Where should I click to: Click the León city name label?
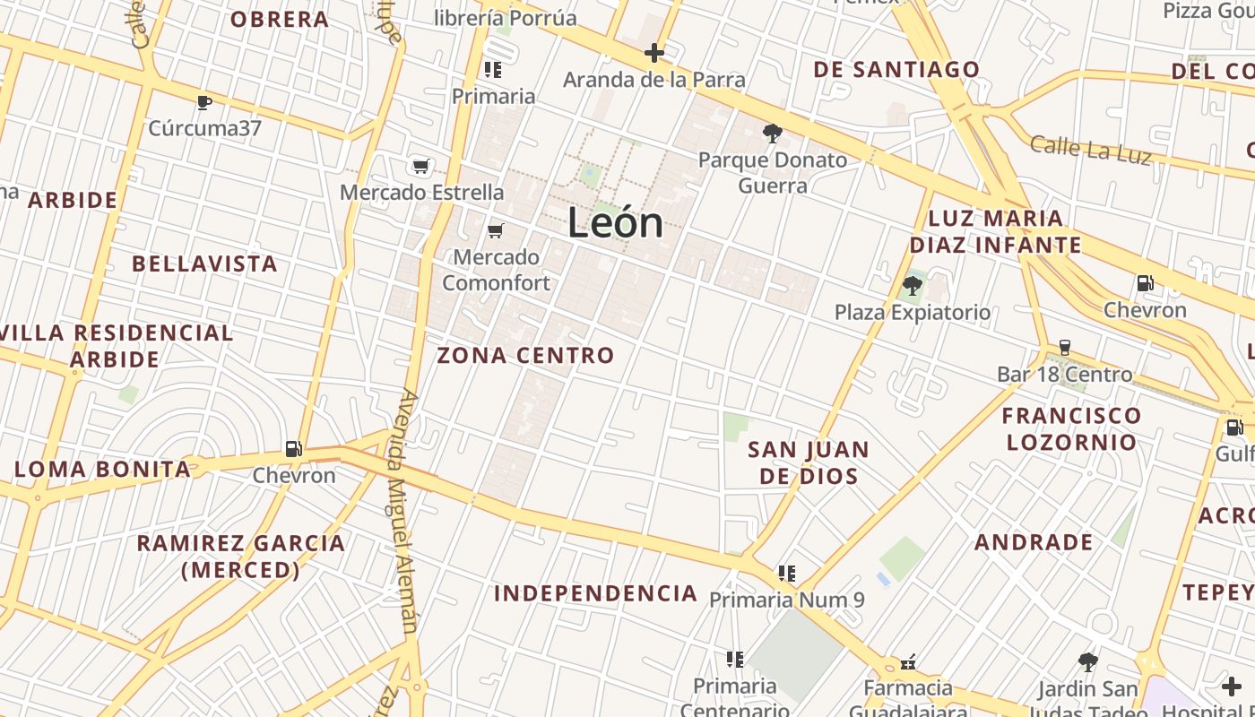[x=616, y=223]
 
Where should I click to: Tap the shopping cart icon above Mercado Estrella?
[x=421, y=166]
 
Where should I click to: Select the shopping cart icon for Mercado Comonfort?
[x=495, y=231]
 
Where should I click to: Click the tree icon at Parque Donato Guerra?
[x=772, y=134]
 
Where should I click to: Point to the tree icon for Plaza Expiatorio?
[x=913, y=287]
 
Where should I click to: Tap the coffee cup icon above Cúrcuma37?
[x=204, y=102]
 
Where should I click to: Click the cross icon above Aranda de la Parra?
[x=654, y=53]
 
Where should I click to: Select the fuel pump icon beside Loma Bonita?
[x=293, y=449]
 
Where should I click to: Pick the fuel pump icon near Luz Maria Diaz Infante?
[x=1145, y=284]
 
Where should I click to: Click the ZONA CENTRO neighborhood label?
[x=525, y=356]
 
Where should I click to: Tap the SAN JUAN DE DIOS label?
[x=809, y=462]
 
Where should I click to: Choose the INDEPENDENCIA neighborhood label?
[x=595, y=593]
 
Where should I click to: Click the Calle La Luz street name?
[x=1090, y=149]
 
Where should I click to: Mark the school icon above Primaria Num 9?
[x=787, y=573]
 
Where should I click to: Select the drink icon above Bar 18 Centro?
[x=1065, y=348]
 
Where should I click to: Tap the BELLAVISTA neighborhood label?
[x=204, y=264]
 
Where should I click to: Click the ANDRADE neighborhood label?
[x=1034, y=542]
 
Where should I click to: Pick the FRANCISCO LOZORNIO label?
[x=1071, y=428]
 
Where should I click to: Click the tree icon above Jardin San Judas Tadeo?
[x=1088, y=662]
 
